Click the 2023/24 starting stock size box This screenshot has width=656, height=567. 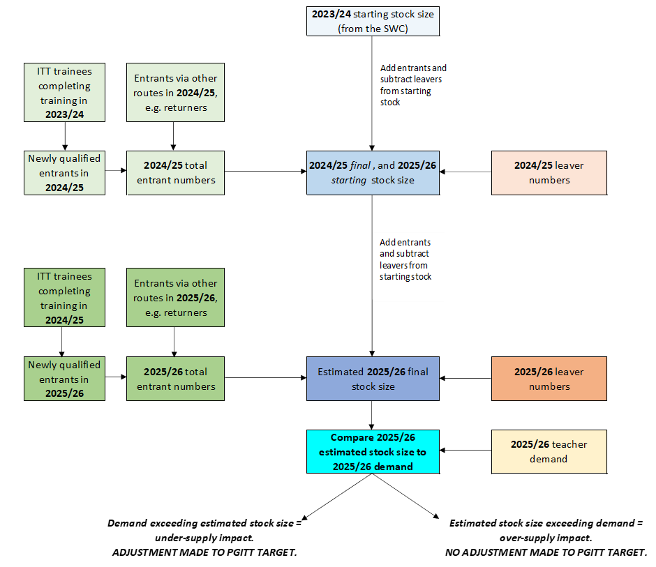point(373,21)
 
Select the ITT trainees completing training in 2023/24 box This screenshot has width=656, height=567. point(64,92)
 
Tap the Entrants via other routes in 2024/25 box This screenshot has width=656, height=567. point(175,92)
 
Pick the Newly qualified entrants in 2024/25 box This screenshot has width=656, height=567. point(64,173)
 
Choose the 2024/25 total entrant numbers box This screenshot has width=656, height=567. point(175,173)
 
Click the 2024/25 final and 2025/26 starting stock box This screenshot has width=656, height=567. point(373,173)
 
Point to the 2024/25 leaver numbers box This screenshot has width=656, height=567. point(549,173)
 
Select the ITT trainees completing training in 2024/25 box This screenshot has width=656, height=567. point(64,297)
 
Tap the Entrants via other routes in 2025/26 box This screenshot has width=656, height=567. point(175,297)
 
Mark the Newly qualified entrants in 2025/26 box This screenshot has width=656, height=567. point(64,379)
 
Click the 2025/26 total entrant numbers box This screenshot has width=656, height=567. point(175,379)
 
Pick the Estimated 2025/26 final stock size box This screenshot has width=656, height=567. point(373,379)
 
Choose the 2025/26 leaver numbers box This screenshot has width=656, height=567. point(549,379)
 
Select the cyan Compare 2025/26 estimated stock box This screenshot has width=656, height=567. point(373,451)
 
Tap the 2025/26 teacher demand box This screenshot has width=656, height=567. point(549,451)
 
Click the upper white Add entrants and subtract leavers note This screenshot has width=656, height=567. point(413,89)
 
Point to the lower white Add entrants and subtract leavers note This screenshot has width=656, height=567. point(408,267)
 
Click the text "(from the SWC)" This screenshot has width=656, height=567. point(373,29)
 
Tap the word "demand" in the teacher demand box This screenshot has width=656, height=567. point(549,459)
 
